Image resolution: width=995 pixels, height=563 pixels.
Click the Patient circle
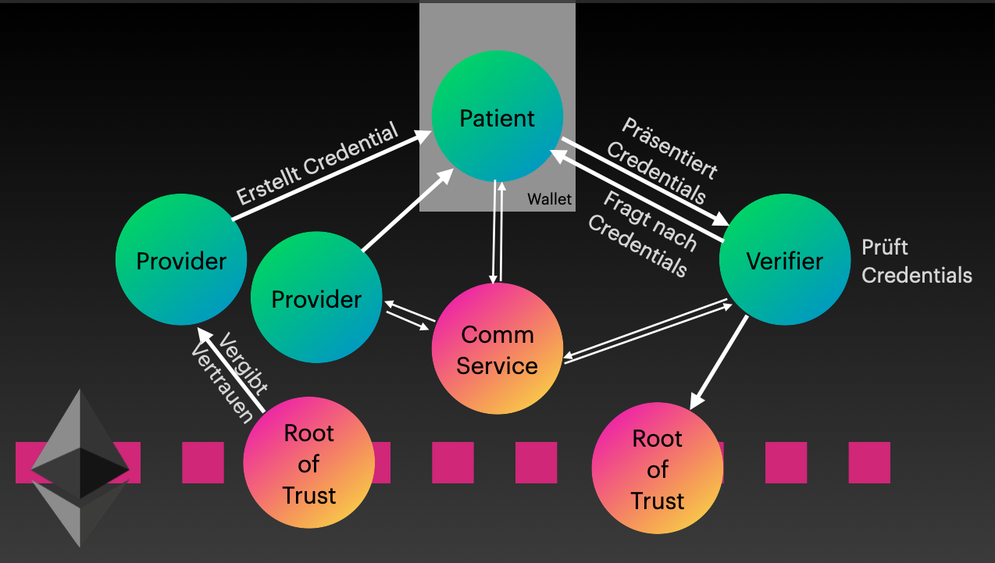click(x=497, y=117)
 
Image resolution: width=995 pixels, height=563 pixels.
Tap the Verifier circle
click(x=784, y=259)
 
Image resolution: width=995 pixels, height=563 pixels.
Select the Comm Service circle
click(x=497, y=349)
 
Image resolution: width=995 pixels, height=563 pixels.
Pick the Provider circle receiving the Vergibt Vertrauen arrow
click(x=181, y=259)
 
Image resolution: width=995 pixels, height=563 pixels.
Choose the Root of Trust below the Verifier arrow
click(x=657, y=469)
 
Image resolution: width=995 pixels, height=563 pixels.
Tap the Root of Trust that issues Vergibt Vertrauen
click(x=309, y=463)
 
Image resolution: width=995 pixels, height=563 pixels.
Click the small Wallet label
click(x=549, y=199)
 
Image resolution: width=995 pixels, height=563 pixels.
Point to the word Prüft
click(x=885, y=248)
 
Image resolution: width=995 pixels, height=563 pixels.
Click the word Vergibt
click(x=245, y=363)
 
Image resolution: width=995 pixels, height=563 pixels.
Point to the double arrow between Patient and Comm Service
click(x=497, y=232)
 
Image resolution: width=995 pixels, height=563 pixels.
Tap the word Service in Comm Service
click(x=497, y=365)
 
